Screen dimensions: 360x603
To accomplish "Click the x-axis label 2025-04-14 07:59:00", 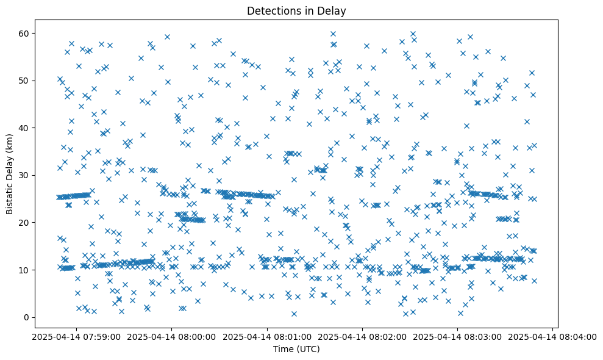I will point(77,336).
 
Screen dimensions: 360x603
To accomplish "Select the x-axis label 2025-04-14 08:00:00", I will point(172,336).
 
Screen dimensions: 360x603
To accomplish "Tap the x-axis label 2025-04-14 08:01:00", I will point(267,336).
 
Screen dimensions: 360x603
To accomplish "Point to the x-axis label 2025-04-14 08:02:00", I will point(362,336).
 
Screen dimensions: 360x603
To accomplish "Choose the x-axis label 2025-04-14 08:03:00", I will point(458,336).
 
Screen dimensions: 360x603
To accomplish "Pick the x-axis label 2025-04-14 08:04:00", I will point(553,336).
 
